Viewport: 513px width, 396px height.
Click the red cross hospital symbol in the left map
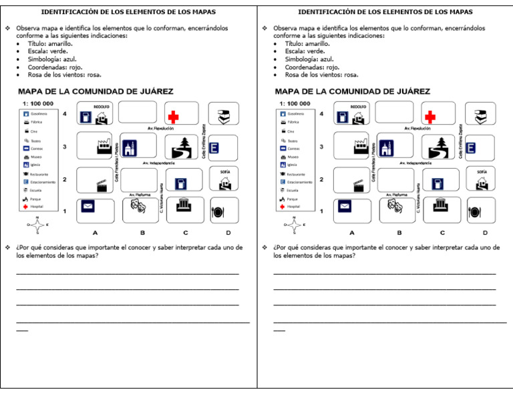point(173,116)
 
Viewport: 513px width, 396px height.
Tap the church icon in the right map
point(386,149)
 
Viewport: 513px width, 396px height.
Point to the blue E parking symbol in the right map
point(472,148)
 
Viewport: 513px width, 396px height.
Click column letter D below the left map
point(228,233)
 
